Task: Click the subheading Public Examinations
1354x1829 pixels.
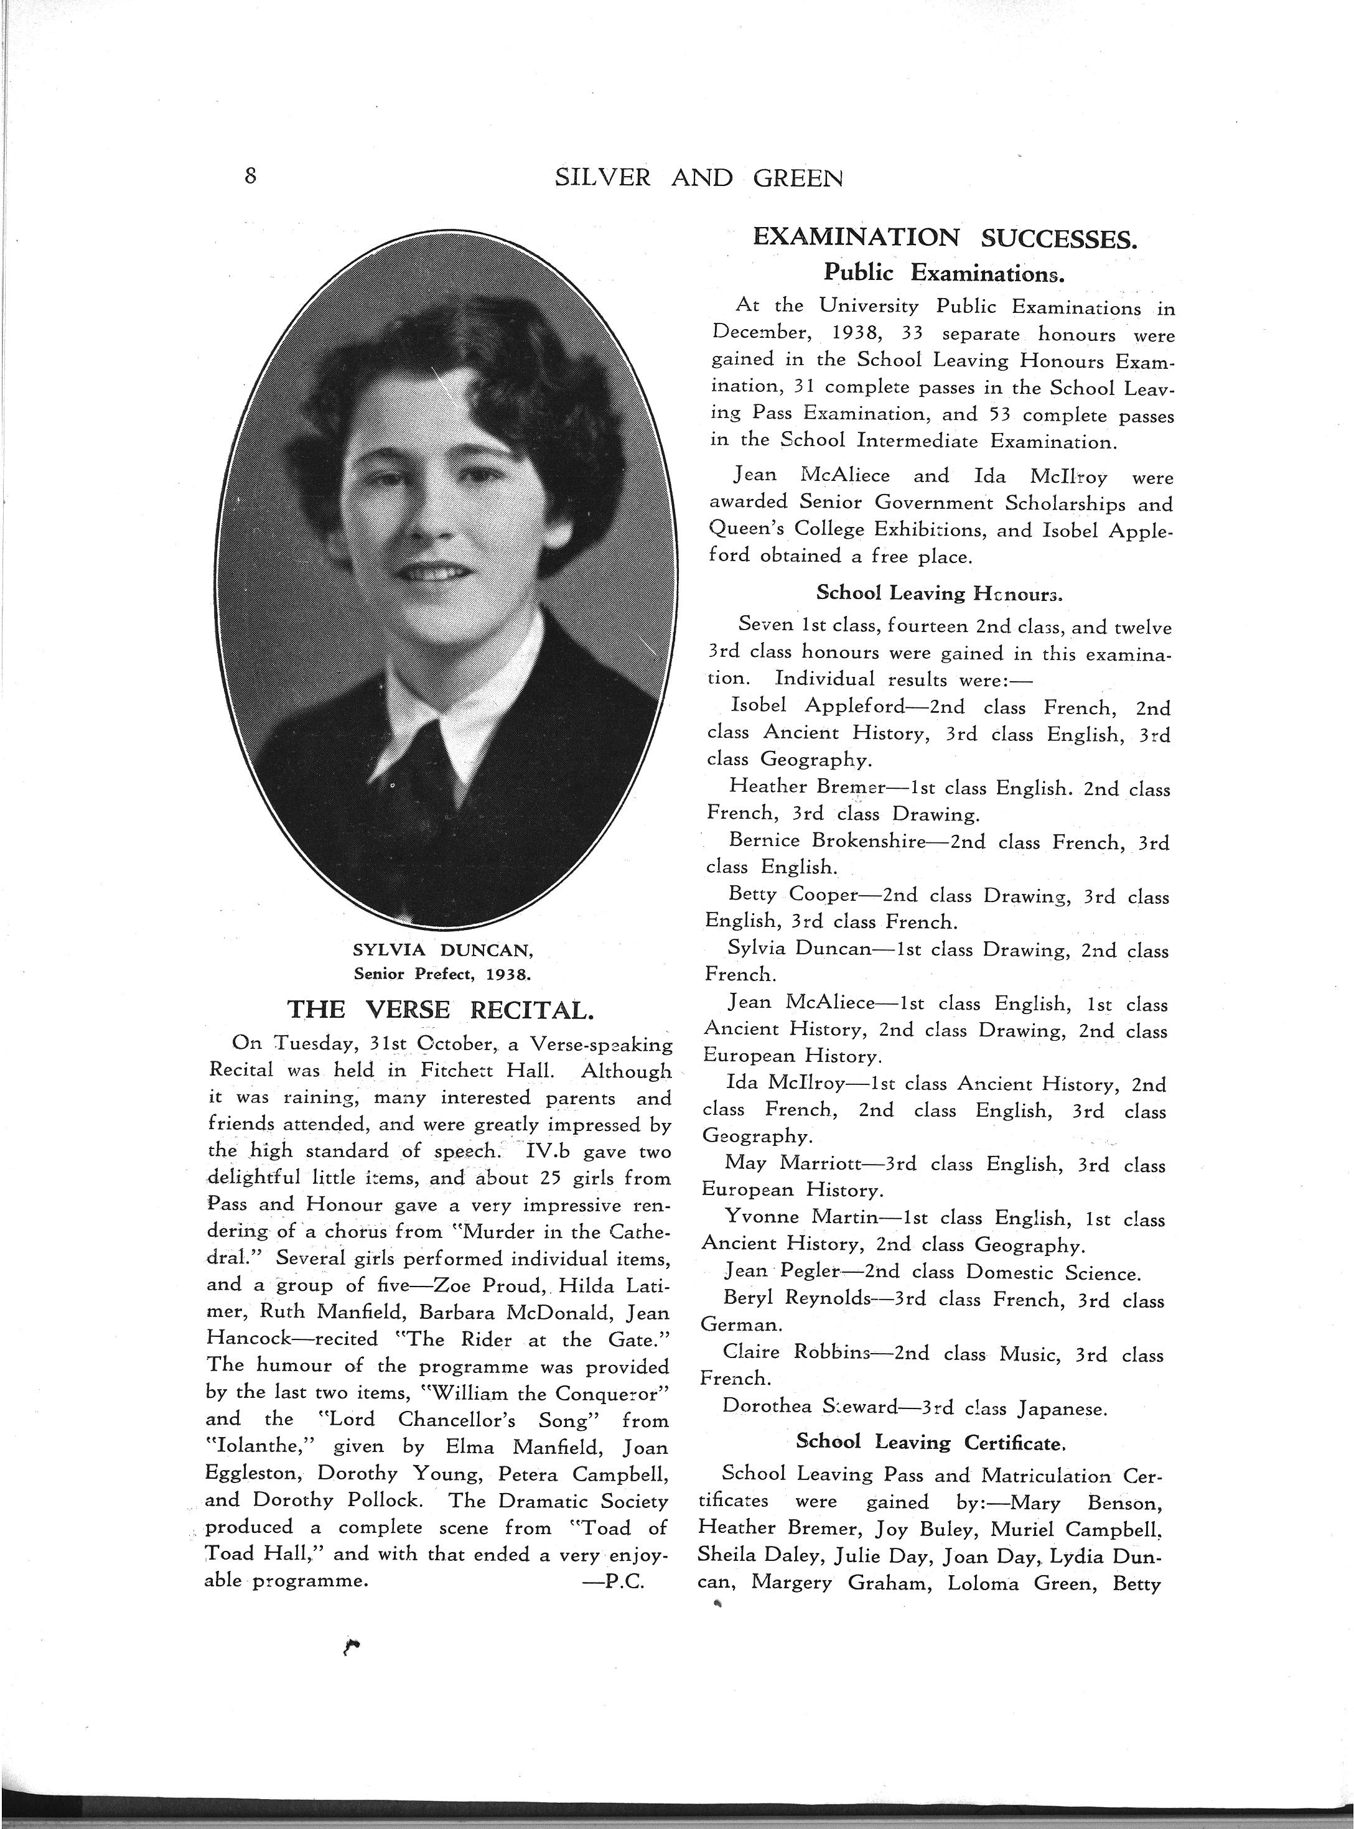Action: (943, 272)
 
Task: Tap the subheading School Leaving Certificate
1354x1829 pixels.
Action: (930, 1441)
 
